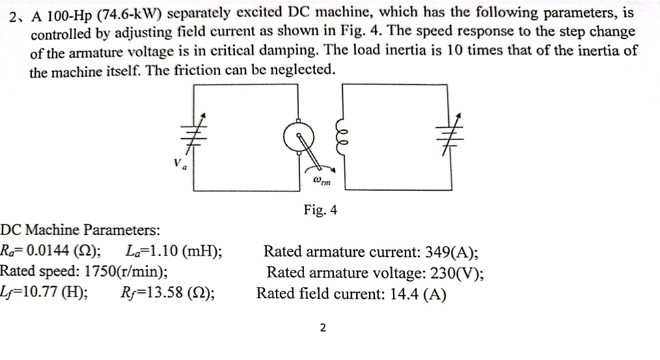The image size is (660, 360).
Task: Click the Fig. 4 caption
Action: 320,210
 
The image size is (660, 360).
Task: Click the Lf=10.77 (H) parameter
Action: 45,293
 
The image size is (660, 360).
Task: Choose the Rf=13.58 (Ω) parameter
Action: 169,293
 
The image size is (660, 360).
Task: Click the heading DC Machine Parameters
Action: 81,230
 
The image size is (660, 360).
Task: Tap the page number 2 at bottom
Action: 323,327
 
